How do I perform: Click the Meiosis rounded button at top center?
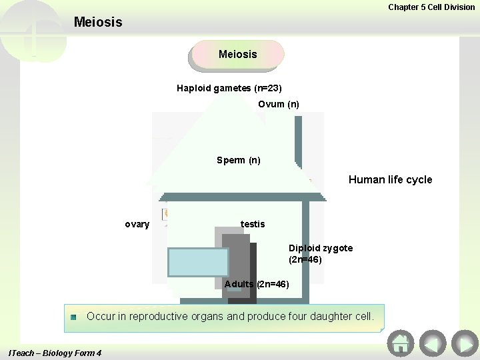pyautogui.click(x=237, y=55)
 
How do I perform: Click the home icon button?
pyautogui.click(x=401, y=343)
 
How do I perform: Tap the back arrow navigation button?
pyautogui.click(x=433, y=343)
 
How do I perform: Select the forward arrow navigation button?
pyautogui.click(x=465, y=343)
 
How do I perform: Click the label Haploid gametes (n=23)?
pyautogui.click(x=229, y=88)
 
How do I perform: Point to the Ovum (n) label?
pyautogui.click(x=279, y=104)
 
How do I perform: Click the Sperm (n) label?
pyautogui.click(x=239, y=160)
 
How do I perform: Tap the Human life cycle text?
pyautogui.click(x=390, y=179)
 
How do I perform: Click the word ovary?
pyautogui.click(x=137, y=224)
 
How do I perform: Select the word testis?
pyautogui.click(x=253, y=224)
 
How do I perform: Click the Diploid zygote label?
pyautogui.click(x=321, y=248)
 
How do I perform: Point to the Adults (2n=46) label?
pyautogui.click(x=257, y=284)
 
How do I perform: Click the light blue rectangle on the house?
pyautogui.click(x=198, y=262)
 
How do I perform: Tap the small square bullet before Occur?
pyautogui.click(x=74, y=317)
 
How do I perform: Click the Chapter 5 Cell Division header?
pyautogui.click(x=431, y=7)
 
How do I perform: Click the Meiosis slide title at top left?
pyautogui.click(x=98, y=22)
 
